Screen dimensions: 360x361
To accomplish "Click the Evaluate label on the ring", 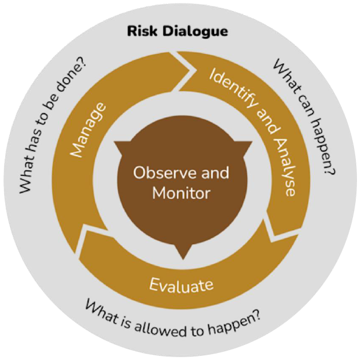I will [181, 285].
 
